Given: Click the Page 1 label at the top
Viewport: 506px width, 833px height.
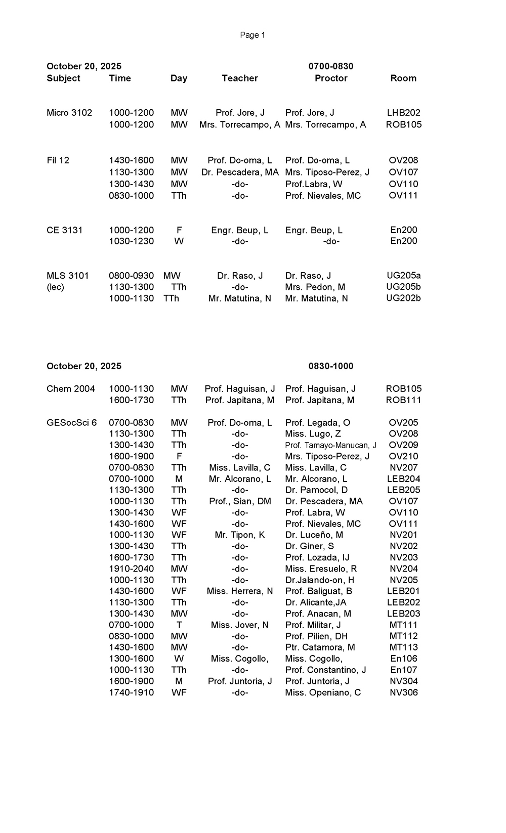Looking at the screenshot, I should click(x=252, y=35).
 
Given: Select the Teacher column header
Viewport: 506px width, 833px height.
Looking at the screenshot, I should click(x=240, y=78).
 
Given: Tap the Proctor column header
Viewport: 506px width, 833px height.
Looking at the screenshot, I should click(x=331, y=78).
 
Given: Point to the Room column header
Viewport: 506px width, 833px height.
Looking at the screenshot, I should click(x=403, y=78).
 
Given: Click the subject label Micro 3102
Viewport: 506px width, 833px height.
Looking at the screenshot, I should click(x=69, y=113).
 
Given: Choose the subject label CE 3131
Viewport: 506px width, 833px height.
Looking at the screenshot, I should click(x=65, y=230).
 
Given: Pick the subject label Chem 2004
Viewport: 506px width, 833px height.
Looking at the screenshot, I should click(x=71, y=389).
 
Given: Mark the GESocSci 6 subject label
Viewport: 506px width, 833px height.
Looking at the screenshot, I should click(x=72, y=423).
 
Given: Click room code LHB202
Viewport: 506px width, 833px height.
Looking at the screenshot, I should click(x=403, y=113).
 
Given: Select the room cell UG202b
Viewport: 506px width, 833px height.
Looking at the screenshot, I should click(x=403, y=298).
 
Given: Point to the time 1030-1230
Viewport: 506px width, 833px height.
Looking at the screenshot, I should click(x=132, y=241).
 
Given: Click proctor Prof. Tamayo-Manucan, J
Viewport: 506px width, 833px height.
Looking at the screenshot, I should click(x=331, y=446).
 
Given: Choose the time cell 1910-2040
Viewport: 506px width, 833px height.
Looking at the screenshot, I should click(x=132, y=569).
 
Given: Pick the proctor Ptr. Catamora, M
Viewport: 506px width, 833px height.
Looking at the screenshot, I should click(x=320, y=647).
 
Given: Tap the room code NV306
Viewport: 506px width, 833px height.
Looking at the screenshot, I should click(x=403, y=693).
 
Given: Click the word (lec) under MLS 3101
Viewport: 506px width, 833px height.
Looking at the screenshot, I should click(x=56, y=287).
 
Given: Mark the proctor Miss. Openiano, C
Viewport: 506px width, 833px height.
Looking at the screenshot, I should click(x=323, y=693).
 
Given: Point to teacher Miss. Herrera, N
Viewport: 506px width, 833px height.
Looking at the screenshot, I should click(x=240, y=591).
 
